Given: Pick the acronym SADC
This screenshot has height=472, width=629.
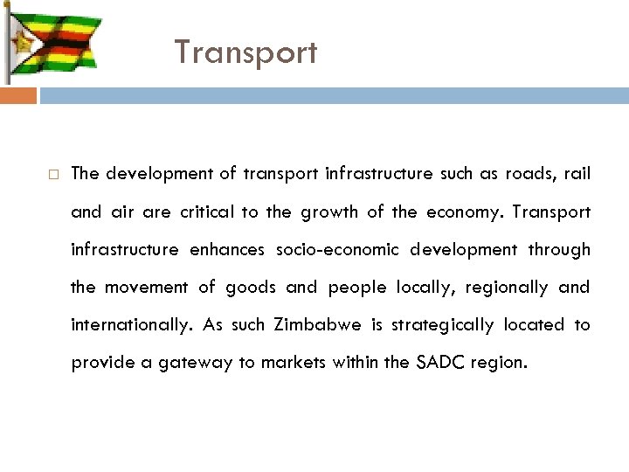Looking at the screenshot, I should pyautogui.click(x=428, y=363).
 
